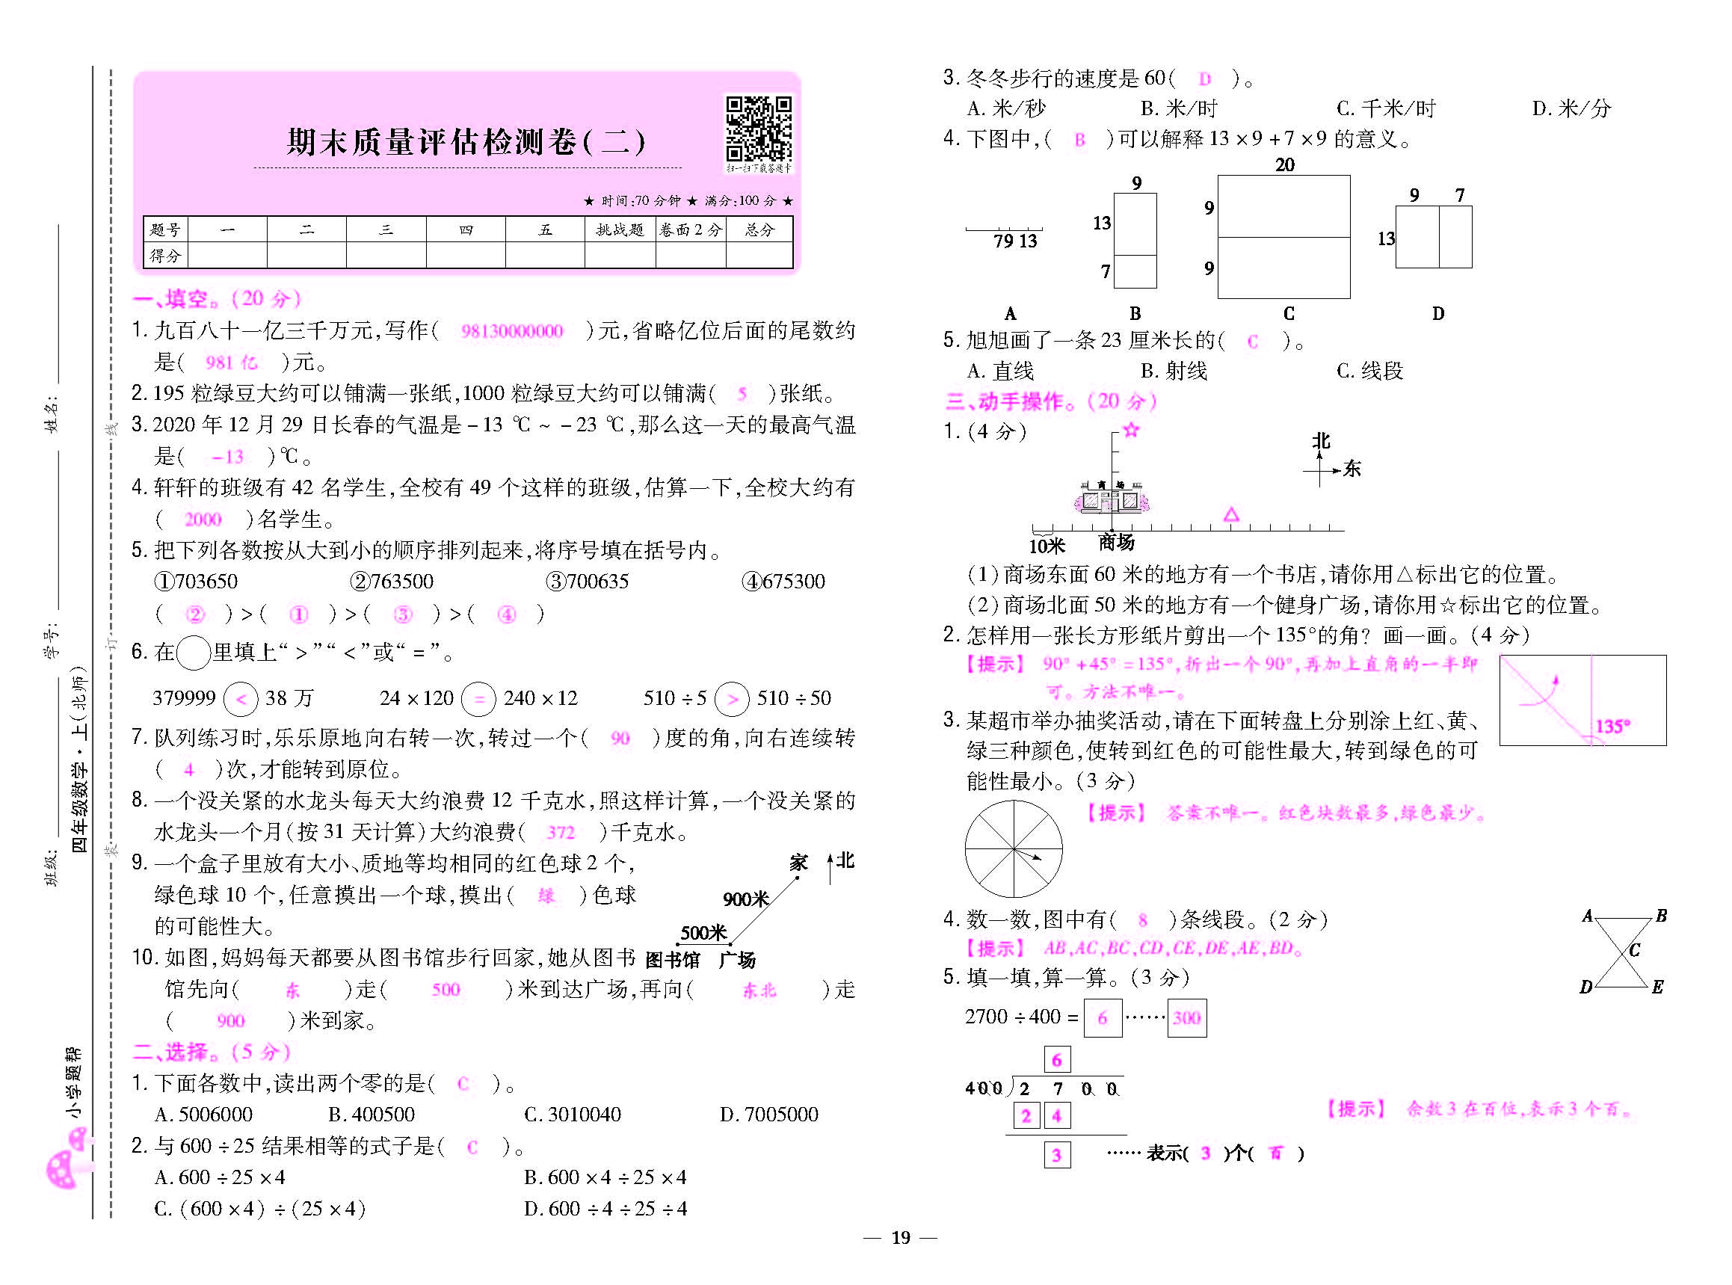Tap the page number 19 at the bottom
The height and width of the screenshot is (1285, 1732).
[x=901, y=1238]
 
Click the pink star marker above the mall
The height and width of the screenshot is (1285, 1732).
[x=1131, y=430]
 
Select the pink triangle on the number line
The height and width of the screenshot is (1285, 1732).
[x=1230, y=515]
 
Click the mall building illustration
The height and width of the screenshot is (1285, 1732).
[x=1112, y=498]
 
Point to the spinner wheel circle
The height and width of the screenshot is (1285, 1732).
[x=1014, y=848]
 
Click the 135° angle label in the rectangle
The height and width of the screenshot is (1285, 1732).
[x=1612, y=726]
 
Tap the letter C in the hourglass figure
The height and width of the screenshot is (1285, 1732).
[x=1634, y=950]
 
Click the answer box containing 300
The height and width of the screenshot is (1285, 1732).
[x=1187, y=1017]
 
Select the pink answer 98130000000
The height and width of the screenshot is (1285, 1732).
[x=512, y=331]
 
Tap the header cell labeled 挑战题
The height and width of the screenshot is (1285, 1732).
[x=620, y=229]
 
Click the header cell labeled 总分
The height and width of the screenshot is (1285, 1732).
[x=759, y=229]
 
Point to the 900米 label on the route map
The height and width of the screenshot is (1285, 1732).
[x=745, y=899]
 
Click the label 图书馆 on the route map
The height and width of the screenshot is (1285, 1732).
[x=673, y=960]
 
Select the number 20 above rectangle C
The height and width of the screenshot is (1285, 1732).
[x=1285, y=165]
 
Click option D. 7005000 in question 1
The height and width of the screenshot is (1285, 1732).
[x=768, y=1115]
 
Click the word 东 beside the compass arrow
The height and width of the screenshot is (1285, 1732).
[x=1352, y=468]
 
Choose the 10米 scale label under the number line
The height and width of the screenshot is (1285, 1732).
[x=1046, y=546]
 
